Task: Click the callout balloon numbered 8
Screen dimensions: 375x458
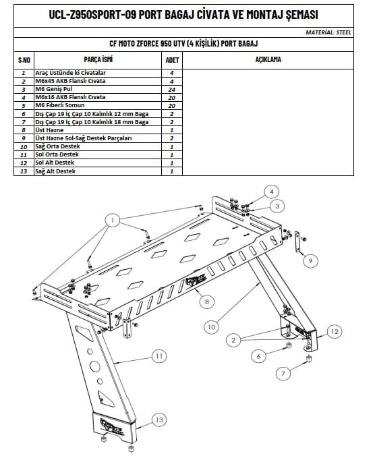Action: coord(207,301)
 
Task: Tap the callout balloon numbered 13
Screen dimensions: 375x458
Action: coord(159,420)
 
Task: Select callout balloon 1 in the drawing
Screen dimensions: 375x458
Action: coord(113,220)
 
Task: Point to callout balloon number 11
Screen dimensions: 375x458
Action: coord(159,356)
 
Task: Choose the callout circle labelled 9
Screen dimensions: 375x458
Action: coord(310,260)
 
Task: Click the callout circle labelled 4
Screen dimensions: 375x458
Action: coord(272,192)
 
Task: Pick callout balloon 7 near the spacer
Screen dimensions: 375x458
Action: coord(283,373)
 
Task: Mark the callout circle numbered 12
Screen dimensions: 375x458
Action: coord(335,331)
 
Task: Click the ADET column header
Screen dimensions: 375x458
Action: coord(172,60)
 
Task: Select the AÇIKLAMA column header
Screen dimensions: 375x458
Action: coord(268,59)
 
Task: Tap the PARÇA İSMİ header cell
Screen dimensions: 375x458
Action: coord(98,59)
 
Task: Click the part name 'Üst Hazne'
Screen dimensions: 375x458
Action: coord(49,130)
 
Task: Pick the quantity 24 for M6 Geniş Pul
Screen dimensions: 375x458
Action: coord(172,90)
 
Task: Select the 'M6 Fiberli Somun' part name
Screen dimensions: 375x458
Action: coord(60,105)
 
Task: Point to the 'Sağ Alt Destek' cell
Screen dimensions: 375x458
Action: coord(55,171)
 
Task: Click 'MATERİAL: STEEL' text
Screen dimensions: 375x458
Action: coord(328,32)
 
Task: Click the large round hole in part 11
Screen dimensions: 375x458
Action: coord(94,366)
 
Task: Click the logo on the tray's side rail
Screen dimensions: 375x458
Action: coord(196,282)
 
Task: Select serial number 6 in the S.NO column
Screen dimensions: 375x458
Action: coord(24,114)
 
